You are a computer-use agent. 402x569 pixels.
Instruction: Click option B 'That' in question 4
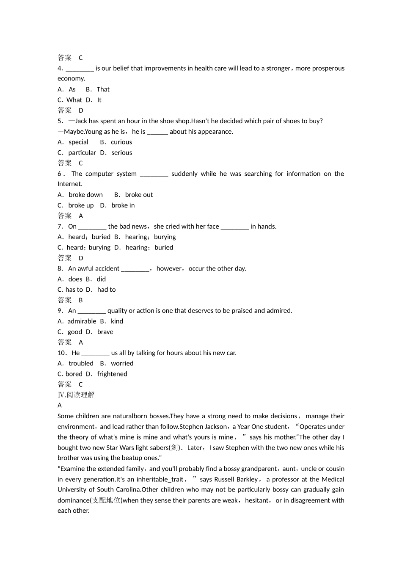tap(103, 89)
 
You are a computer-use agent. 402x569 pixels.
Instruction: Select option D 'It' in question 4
tap(99, 100)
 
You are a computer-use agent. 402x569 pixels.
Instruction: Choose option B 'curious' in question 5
tap(121, 142)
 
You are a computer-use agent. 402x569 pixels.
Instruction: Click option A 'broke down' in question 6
tap(85, 195)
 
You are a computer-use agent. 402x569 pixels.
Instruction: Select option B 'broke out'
tap(139, 195)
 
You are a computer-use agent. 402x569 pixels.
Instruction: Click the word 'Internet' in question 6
tap(69, 184)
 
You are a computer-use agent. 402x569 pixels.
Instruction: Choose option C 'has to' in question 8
tap(74, 290)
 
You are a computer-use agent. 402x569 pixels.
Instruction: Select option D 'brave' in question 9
tap(105, 332)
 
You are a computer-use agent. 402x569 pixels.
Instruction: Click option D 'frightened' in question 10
tap(112, 374)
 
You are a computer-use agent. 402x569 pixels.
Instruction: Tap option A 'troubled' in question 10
tap(81, 363)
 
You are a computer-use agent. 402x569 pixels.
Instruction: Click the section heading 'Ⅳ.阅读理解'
tap(76, 395)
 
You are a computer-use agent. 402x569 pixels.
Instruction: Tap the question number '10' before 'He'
tap(62, 353)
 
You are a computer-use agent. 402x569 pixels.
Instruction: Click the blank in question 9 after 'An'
tap(91, 311)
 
